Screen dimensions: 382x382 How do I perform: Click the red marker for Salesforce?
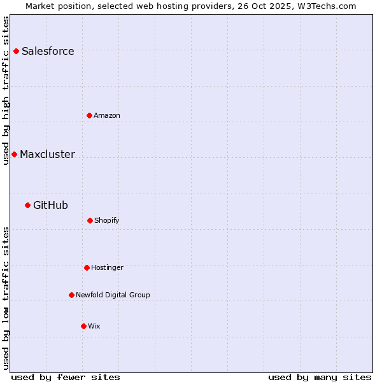(x=16, y=51)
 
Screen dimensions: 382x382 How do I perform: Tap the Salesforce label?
(x=48, y=52)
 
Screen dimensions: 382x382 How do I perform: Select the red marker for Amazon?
(x=89, y=115)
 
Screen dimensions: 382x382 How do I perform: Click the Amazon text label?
(x=107, y=116)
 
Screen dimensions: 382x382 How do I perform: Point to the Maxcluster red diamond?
(x=14, y=154)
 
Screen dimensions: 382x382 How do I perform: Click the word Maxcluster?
(x=47, y=155)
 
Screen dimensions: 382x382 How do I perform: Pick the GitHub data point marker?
(x=27, y=205)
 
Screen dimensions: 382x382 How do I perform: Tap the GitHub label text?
(x=50, y=206)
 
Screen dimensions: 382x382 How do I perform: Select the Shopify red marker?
(x=90, y=220)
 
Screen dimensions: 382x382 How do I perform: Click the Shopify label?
(x=107, y=221)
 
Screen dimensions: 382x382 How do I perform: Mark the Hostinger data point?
(x=87, y=267)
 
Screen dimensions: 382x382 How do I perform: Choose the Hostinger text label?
(x=107, y=268)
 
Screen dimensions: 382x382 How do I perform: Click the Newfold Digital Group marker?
(x=71, y=295)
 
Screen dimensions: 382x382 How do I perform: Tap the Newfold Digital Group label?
(x=113, y=295)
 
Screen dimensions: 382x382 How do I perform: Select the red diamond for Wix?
(x=83, y=326)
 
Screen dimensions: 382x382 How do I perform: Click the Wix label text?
(x=94, y=327)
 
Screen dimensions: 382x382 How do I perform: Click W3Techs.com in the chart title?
(x=325, y=6)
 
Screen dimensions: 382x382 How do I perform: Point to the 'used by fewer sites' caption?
(x=66, y=377)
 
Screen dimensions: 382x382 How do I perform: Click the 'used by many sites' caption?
(x=320, y=377)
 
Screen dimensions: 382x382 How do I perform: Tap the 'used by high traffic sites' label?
(x=6, y=90)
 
